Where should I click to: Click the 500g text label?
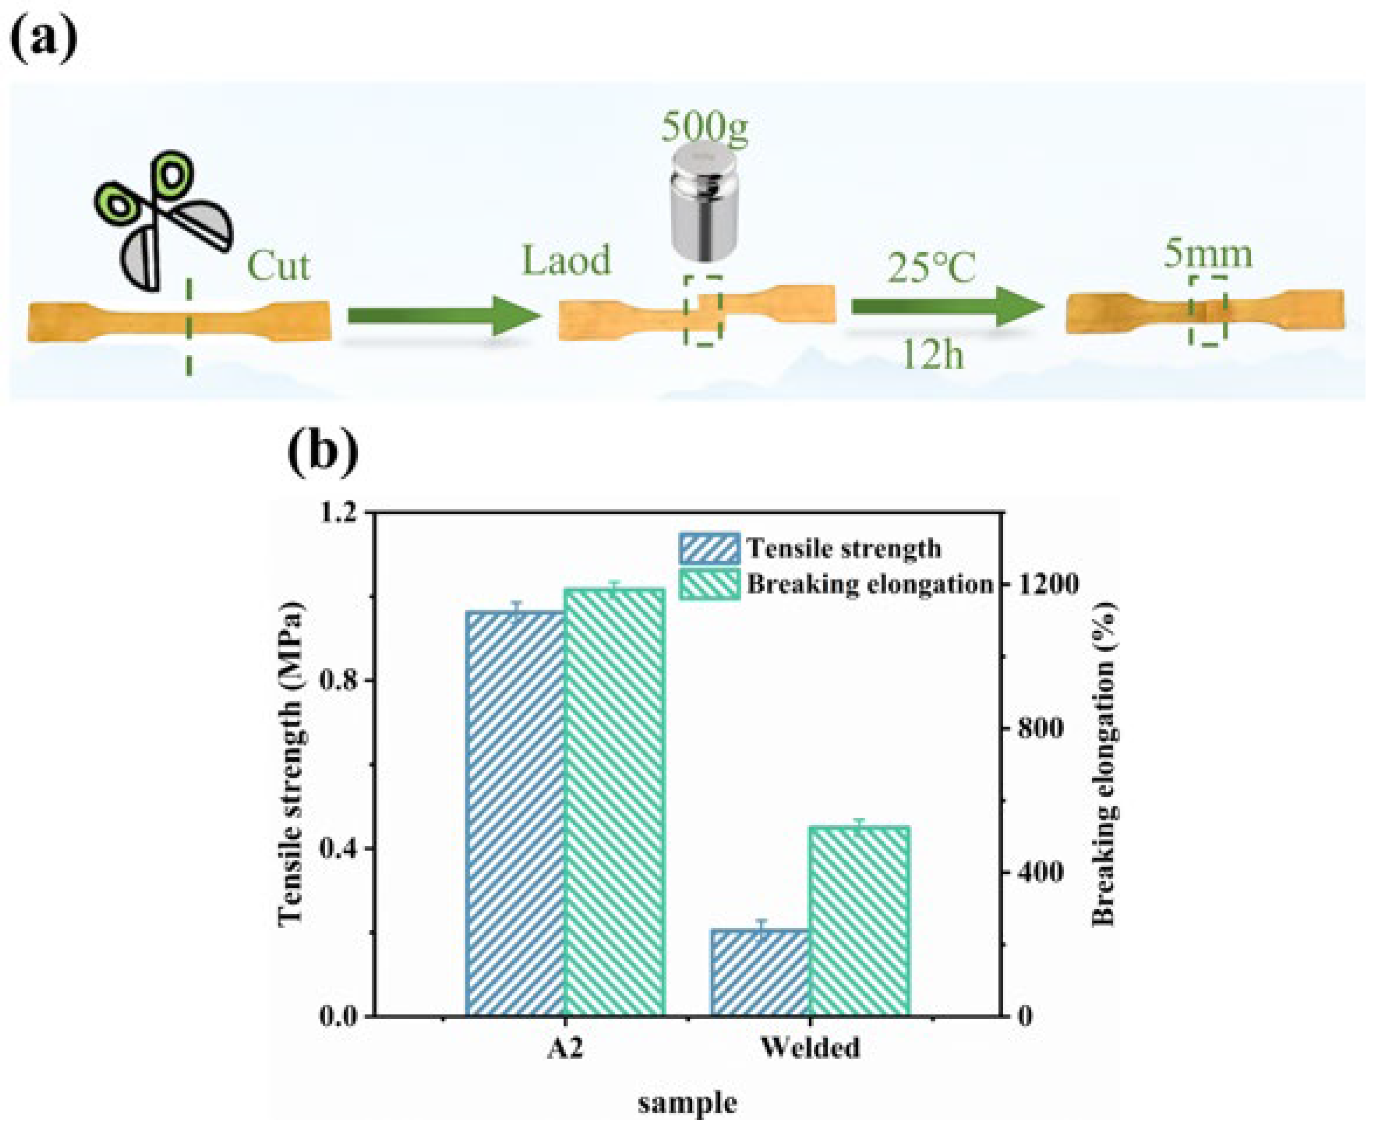pyautogui.click(x=704, y=128)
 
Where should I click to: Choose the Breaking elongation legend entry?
pyautogui.click(x=837, y=584)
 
